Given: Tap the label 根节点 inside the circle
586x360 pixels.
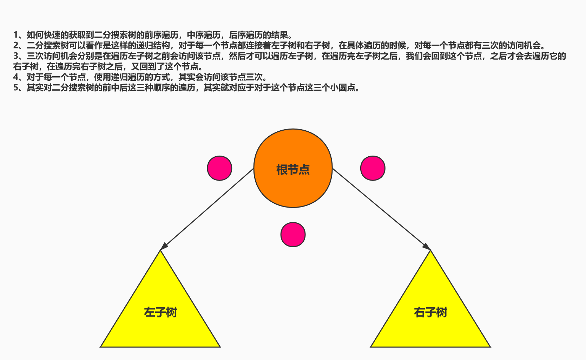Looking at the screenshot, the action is (x=293, y=170).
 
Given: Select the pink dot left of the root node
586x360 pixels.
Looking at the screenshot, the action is (x=219, y=168).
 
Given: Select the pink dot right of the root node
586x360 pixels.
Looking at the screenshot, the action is (x=373, y=168).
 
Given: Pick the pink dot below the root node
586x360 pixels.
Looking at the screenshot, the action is (x=293, y=235).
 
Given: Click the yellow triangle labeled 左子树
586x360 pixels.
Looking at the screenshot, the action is (x=160, y=330).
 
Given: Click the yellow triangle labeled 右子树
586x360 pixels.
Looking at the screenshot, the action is (x=430, y=330).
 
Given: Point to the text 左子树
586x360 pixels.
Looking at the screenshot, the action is (x=160, y=312).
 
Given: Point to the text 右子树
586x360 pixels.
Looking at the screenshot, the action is (x=430, y=312).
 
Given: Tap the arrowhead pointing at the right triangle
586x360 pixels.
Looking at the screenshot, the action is (x=427, y=247).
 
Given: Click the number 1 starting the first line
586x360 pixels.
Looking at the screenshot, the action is (x=15, y=35).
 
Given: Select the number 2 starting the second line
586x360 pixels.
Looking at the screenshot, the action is (x=15, y=45).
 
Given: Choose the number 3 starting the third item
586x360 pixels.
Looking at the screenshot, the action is (x=15, y=56).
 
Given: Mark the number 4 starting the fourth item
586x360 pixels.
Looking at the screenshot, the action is (x=15, y=77).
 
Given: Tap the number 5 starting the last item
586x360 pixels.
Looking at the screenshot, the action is (x=15, y=87).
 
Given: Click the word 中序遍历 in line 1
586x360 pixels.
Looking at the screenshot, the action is (x=204, y=35).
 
